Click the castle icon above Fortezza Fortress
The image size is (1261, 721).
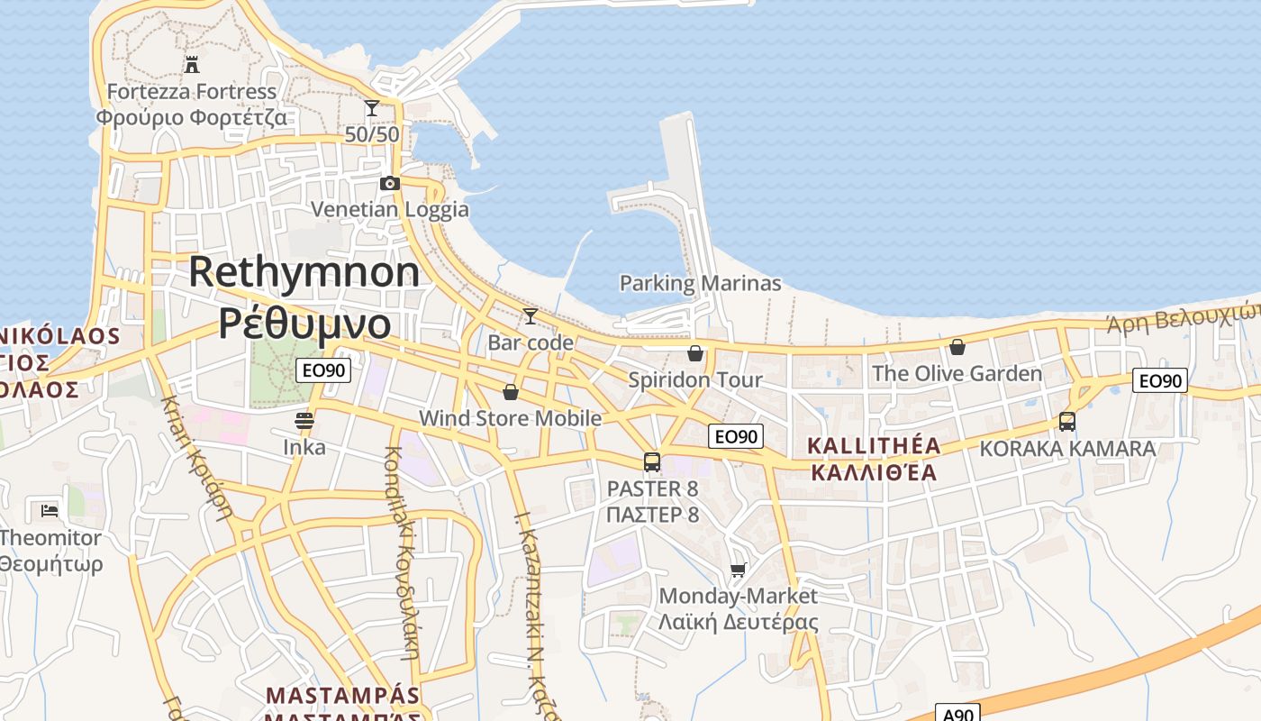pyautogui.click(x=191, y=64)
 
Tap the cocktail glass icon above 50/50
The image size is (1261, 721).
pyautogui.click(x=371, y=108)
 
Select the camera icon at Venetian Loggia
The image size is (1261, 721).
pyautogui.click(x=389, y=183)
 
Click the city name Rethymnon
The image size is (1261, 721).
pyautogui.click(x=304, y=271)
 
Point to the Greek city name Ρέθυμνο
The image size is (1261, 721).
pyautogui.click(x=304, y=323)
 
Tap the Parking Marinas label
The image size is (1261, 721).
pyautogui.click(x=700, y=283)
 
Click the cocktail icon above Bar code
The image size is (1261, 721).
pyautogui.click(x=530, y=315)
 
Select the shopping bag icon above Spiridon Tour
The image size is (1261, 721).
pyautogui.click(x=694, y=352)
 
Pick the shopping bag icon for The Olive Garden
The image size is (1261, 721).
pyautogui.click(x=957, y=347)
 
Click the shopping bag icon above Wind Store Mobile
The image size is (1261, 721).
pyautogui.click(x=510, y=392)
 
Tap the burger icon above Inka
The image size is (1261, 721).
pyautogui.click(x=304, y=420)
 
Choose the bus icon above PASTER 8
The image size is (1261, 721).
pyautogui.click(x=652, y=462)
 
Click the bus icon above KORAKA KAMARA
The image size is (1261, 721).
pyautogui.click(x=1067, y=421)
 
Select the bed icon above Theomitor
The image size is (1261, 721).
pyautogui.click(x=50, y=510)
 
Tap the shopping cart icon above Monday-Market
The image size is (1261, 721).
pyautogui.click(x=739, y=569)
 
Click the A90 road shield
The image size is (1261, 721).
pyautogui.click(x=957, y=714)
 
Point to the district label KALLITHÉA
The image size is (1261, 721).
pyautogui.click(x=874, y=445)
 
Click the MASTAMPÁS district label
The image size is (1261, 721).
pyautogui.click(x=343, y=696)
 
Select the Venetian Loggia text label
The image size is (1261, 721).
pyautogui.click(x=389, y=209)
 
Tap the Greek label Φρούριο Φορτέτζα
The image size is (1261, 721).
pyautogui.click(x=191, y=117)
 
